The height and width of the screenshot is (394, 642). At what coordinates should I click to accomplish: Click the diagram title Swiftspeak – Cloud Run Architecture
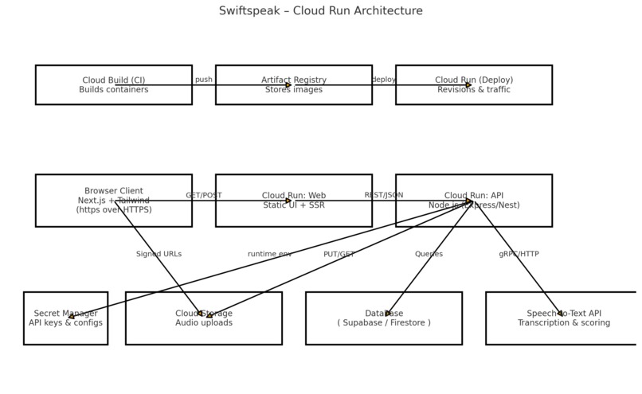point(321,11)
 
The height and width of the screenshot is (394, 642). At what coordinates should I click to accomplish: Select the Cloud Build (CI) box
point(114,85)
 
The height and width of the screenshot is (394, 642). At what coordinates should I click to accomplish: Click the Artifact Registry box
point(293,85)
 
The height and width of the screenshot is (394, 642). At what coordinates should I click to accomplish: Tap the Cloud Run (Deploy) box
point(473,85)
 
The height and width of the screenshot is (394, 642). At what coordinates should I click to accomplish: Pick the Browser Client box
point(114,201)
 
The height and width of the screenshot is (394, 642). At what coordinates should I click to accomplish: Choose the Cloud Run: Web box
point(293,201)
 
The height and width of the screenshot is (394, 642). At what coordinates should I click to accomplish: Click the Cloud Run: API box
point(473,201)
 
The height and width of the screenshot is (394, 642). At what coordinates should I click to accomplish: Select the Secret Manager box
point(65,318)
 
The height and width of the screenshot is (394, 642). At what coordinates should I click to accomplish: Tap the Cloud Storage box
point(204,318)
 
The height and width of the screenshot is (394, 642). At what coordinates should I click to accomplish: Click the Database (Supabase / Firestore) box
point(383,318)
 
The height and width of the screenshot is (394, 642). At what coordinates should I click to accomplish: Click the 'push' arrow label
point(204,80)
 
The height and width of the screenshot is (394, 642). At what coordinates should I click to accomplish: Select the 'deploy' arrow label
point(383,80)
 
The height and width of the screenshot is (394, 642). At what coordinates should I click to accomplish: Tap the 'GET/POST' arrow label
point(204,195)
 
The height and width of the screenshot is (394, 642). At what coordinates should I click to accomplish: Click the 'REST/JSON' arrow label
point(383,195)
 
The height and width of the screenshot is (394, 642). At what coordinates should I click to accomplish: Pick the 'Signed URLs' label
point(159,254)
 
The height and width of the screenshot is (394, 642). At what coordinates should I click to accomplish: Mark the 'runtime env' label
point(269,254)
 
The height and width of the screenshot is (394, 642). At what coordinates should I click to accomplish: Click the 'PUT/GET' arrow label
point(339,254)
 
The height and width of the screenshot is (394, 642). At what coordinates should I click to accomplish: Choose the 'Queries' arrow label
point(429,254)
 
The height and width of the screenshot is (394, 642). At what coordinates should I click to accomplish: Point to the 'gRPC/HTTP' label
point(519,254)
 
